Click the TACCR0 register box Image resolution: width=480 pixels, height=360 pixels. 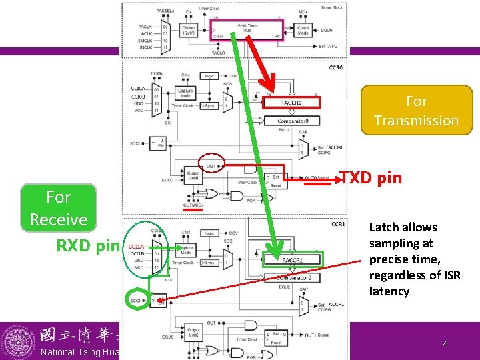click(291, 103)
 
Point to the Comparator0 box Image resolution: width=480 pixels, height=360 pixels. click(293, 121)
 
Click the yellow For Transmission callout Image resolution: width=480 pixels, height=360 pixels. click(416, 111)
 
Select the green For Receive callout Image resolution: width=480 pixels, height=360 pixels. click(59, 208)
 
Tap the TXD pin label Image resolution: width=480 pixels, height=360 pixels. click(371, 177)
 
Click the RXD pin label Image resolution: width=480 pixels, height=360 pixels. click(87, 245)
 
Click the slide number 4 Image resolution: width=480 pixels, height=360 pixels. click(445, 343)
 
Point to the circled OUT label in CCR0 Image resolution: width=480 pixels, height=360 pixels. click(211, 165)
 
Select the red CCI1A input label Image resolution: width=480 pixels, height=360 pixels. click(136, 247)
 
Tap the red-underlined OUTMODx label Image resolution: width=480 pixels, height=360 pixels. click(194, 205)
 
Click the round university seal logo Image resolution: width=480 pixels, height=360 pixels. click(19, 343)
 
